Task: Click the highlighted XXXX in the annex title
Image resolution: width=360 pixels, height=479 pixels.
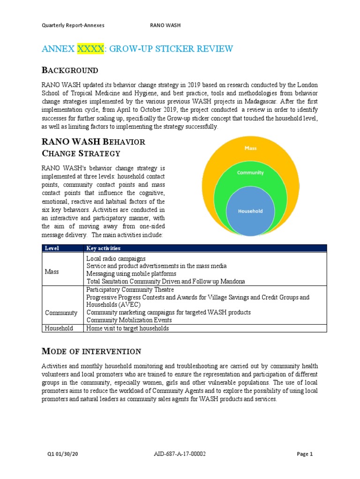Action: (90, 49)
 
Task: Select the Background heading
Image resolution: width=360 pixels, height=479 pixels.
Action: (70, 71)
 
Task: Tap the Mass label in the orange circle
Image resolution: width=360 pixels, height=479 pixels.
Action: (250, 148)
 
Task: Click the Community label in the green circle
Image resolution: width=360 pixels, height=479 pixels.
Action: (250, 173)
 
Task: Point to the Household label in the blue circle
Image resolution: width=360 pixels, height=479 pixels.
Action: (250, 211)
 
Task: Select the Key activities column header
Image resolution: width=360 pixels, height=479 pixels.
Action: (104, 248)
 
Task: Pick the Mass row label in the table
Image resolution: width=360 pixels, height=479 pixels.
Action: (52, 271)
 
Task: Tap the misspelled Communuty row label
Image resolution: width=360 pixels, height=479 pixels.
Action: (61, 312)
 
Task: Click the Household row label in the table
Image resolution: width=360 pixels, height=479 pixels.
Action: (59, 328)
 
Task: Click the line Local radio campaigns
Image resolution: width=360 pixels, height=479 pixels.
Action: (116, 258)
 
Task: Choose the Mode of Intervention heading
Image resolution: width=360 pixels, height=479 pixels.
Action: (91, 351)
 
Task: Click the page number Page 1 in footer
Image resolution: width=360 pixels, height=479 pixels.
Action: (305, 454)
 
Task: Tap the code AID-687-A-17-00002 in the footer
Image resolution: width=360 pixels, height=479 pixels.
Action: (180, 454)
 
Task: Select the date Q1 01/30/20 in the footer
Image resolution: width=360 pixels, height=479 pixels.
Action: (61, 454)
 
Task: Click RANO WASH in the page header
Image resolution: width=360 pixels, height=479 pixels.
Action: (165, 25)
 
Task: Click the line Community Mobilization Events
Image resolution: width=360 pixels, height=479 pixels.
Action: (129, 320)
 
